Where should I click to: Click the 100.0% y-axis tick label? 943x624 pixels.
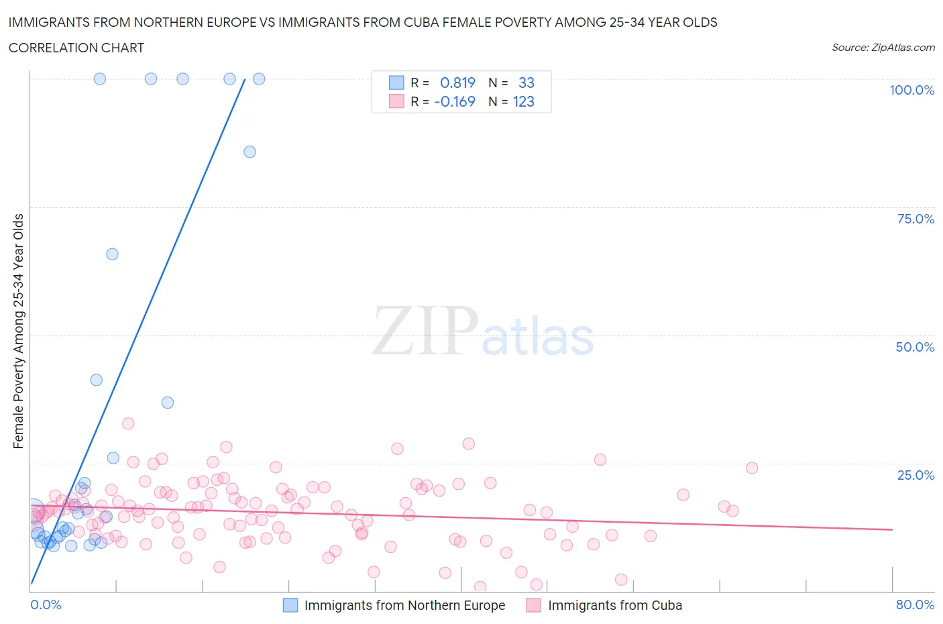(x=911, y=90)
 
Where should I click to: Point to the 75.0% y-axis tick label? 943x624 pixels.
(x=916, y=219)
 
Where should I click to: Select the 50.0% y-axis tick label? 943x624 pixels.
(x=915, y=347)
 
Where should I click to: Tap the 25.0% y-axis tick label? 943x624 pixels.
(x=916, y=475)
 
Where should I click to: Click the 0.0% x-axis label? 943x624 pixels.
(x=46, y=605)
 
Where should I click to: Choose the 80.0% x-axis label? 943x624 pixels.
(x=915, y=605)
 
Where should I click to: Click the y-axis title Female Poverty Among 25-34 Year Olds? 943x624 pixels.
(x=18, y=331)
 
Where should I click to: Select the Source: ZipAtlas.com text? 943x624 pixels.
(x=883, y=47)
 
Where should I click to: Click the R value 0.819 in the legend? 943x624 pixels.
(x=457, y=83)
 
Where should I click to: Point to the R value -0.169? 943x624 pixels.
(x=455, y=101)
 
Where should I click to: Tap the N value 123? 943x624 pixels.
(x=523, y=101)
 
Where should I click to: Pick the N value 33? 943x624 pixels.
(x=526, y=83)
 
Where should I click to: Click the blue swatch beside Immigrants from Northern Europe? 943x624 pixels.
(x=290, y=605)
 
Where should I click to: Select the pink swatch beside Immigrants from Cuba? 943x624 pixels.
(x=533, y=605)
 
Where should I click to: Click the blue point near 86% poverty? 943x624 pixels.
(x=249, y=152)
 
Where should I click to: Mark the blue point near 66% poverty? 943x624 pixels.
(x=112, y=254)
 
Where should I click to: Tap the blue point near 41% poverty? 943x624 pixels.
(x=96, y=380)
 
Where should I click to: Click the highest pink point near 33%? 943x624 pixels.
(x=128, y=423)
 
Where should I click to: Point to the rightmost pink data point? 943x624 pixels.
(x=752, y=468)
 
